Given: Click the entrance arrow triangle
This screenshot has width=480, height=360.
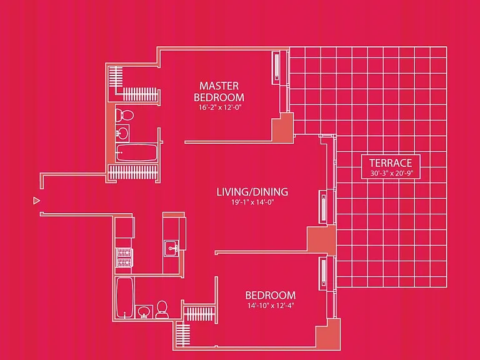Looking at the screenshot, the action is [x=36, y=201].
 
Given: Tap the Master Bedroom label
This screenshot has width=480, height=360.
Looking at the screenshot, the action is [x=219, y=91].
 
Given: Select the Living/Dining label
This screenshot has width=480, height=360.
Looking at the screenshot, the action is [x=252, y=192].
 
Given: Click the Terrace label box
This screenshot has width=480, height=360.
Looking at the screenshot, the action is [x=391, y=167].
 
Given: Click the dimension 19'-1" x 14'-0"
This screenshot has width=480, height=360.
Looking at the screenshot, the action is [x=252, y=202].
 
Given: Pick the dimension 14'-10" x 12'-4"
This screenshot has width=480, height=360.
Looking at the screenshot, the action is [x=271, y=306].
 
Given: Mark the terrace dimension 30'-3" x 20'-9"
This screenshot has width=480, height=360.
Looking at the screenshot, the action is [x=391, y=173].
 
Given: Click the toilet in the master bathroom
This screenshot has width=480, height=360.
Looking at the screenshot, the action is [x=124, y=115].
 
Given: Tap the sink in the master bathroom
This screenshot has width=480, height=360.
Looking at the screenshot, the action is [x=122, y=133].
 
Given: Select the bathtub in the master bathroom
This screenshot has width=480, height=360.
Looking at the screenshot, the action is [x=136, y=152].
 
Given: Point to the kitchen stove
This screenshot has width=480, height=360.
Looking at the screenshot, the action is [x=124, y=257].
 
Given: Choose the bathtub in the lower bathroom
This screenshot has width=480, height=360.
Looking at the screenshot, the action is [x=125, y=298].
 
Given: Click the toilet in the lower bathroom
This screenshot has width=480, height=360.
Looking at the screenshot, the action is [x=162, y=309].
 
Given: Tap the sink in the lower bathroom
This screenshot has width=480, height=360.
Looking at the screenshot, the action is [x=144, y=312].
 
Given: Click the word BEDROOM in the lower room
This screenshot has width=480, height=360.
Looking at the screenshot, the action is [x=270, y=295].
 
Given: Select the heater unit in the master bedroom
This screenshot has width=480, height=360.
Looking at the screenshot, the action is [x=276, y=67].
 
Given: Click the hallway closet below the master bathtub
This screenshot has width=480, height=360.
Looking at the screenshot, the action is [x=133, y=172].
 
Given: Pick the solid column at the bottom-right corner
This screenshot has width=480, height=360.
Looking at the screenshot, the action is [x=328, y=334].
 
